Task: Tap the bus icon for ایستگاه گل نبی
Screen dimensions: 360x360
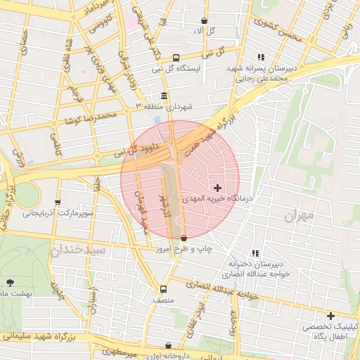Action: pyautogui.click(x=175, y=58)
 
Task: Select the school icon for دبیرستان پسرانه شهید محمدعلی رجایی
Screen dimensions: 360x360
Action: pyautogui.click(x=261, y=57)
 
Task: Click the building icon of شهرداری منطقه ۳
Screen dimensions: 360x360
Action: pyautogui.click(x=164, y=96)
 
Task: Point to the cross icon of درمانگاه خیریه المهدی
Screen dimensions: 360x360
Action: pyautogui.click(x=217, y=188)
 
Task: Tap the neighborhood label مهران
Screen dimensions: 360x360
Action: pyautogui.click(x=299, y=217)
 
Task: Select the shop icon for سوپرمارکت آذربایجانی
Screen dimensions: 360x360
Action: pyautogui.click(x=58, y=202)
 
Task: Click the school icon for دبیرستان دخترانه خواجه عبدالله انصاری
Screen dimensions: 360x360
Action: pyautogui.click(x=255, y=253)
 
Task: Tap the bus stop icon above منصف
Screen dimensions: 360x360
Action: pyautogui.click(x=163, y=289)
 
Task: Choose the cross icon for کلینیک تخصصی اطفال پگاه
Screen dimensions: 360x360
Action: pyautogui.click(x=330, y=316)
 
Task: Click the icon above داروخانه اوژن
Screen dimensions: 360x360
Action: pyautogui.click(x=168, y=345)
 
